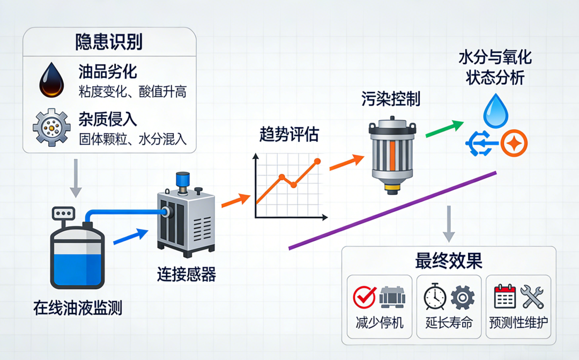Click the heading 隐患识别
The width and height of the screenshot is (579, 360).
109,42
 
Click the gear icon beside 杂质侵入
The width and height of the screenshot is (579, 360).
51,128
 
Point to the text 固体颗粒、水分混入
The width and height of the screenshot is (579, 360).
132,139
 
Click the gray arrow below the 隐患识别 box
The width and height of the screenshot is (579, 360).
76,177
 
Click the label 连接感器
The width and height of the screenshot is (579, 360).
186,275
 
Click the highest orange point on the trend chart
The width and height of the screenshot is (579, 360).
317,161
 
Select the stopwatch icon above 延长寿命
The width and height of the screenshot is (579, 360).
435,297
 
